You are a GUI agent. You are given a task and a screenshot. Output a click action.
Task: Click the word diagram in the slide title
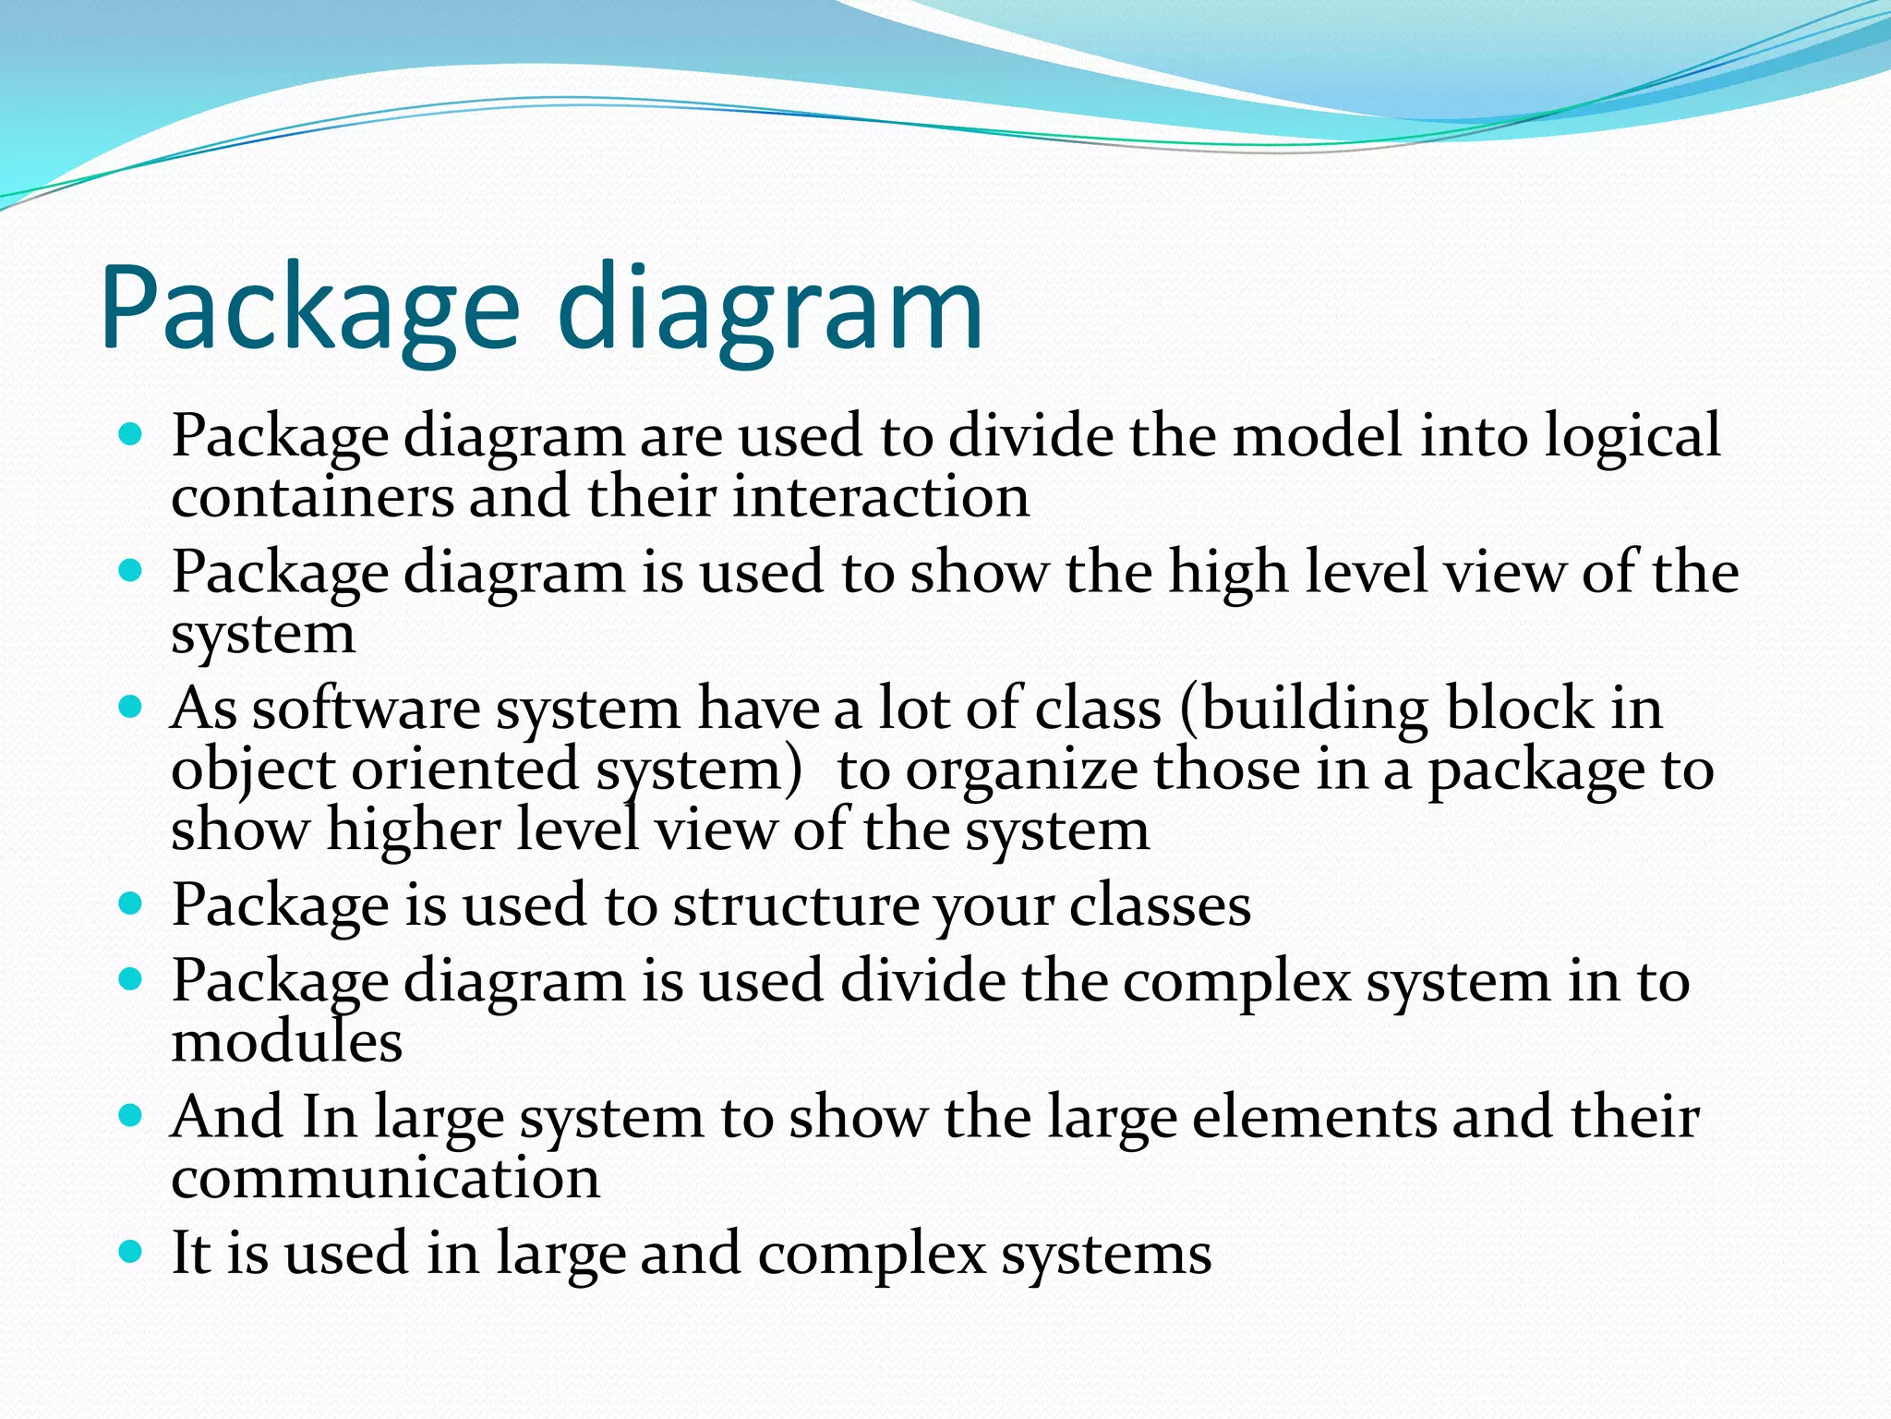point(770,309)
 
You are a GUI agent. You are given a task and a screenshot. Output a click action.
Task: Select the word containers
point(311,498)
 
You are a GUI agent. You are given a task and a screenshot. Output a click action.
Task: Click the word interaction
point(881,498)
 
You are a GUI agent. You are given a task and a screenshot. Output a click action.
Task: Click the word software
point(366,709)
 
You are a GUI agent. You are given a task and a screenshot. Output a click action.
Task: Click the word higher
point(413,831)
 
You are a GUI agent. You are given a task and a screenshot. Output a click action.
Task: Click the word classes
point(1159,906)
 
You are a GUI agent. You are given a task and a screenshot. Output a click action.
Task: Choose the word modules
point(287,1043)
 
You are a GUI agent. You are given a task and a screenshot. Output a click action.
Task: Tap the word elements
point(1313,1118)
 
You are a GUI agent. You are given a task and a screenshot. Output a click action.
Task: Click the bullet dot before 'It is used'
point(131,1253)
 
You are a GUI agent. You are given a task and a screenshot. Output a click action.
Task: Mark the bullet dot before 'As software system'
point(131,709)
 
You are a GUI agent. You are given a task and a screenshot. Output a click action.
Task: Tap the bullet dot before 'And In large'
point(131,1117)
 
